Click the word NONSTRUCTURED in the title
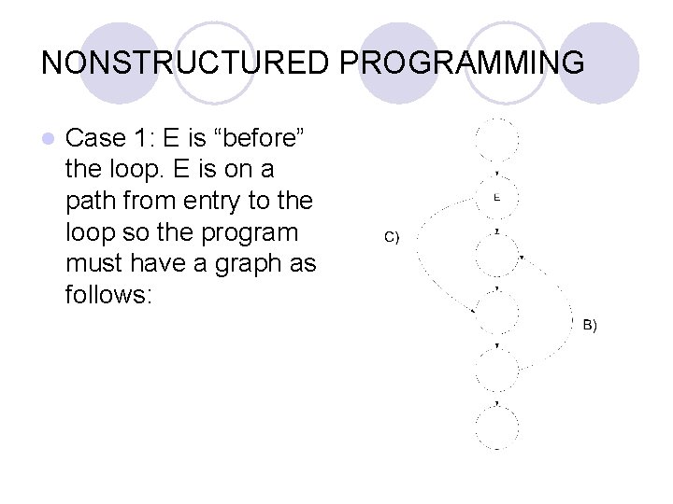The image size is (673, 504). point(183,63)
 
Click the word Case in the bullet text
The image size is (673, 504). point(96,139)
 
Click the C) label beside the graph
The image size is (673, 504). point(392,237)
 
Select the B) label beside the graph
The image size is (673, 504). point(589,325)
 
